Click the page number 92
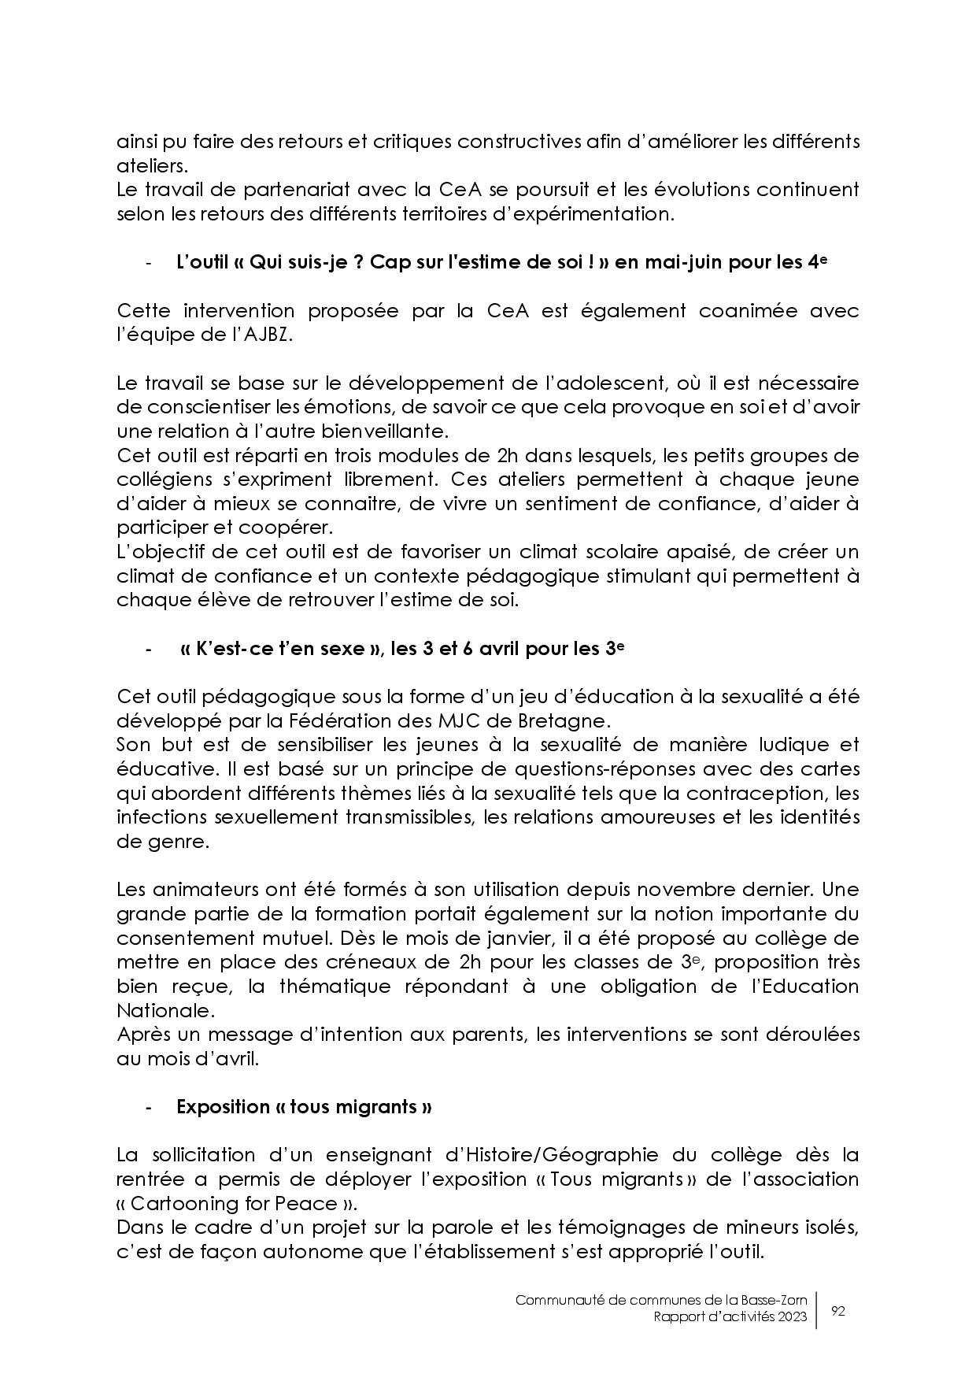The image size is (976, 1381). pos(838,1311)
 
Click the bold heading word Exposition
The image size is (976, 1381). pos(223,1107)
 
